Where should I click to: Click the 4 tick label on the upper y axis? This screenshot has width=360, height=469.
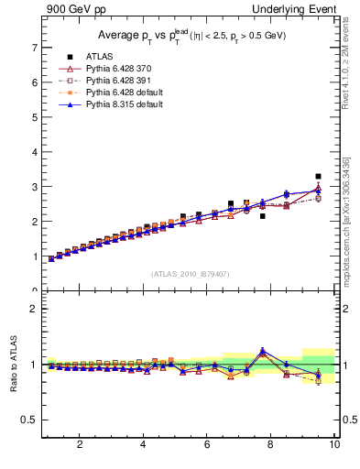34,151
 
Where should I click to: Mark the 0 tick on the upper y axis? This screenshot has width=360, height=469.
34,290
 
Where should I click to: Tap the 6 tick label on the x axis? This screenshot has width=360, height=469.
207,445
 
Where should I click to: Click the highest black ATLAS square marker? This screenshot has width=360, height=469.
318,176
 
